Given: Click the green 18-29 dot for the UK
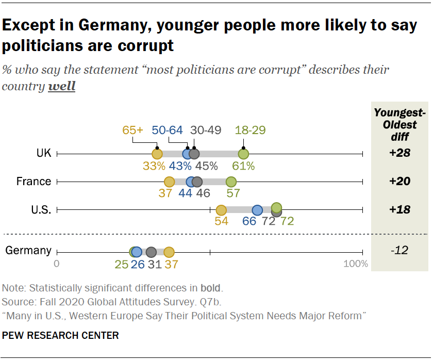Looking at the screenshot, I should pyautogui.click(x=243, y=154).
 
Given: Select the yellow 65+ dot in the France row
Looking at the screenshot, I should pyautogui.click(x=169, y=182).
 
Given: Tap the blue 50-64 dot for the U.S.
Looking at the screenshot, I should pyautogui.click(x=257, y=210).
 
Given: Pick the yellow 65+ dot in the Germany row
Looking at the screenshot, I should pyautogui.click(x=169, y=252).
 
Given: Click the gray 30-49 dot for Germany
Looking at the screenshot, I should pyautogui.click(x=151, y=252).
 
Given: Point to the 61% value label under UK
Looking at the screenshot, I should pyautogui.click(x=244, y=166).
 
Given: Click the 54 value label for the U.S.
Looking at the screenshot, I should pyautogui.click(x=221, y=222).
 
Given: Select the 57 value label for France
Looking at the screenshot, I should pyautogui.click(x=234, y=194).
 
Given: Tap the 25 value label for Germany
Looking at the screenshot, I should pyautogui.click(x=121, y=265).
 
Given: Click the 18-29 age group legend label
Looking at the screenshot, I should pyautogui.click(x=250, y=130).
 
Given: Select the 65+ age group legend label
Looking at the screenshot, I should pyautogui.click(x=133, y=130).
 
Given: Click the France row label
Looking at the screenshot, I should pyautogui.click(x=34, y=182).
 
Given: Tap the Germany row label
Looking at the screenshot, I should pyautogui.click(x=28, y=251).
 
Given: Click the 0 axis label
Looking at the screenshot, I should pyautogui.click(x=57, y=265).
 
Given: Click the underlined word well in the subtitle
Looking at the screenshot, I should pyautogui.click(x=61, y=86).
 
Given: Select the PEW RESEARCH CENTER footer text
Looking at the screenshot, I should pyautogui.click(x=60, y=336).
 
